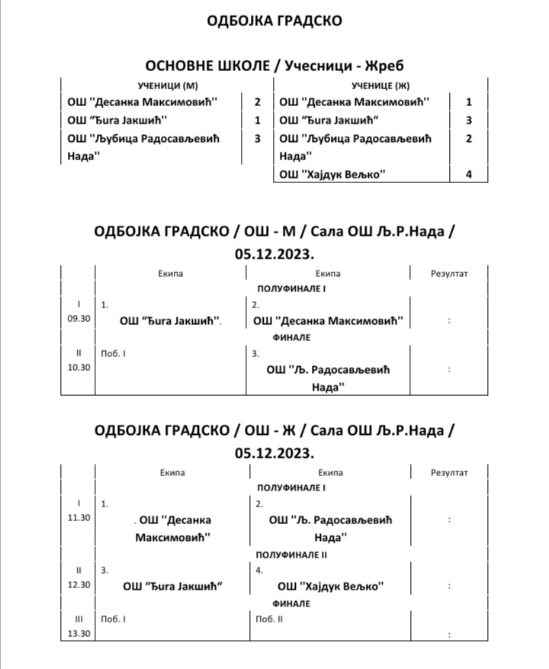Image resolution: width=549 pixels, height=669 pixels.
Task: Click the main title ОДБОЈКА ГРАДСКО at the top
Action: pos(274,21)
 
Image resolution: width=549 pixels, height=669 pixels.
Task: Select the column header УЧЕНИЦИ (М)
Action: pos(159,85)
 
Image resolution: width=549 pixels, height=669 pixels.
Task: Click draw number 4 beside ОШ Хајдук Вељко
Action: pos(469,175)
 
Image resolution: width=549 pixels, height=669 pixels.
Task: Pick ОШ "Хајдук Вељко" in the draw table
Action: pos(332,175)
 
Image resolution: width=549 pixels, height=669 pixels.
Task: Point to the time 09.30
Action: pos(79,319)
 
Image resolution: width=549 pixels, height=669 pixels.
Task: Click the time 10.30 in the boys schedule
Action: pos(79,367)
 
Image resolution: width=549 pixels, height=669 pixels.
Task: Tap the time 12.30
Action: pos(79,585)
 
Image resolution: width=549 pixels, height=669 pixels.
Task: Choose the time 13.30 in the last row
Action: pos(79,633)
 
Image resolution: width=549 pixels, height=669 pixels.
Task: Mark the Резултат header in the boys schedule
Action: pos(449,273)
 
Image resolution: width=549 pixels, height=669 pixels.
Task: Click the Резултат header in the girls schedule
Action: pos(449,473)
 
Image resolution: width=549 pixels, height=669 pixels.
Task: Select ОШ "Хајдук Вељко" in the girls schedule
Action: pos(329,586)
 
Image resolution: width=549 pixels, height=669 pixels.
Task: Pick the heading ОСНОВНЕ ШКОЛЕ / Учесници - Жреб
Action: pos(274,66)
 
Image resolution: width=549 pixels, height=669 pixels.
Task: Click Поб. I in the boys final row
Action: pos(114,354)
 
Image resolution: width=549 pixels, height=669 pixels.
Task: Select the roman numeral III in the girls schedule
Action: pos(79,619)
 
